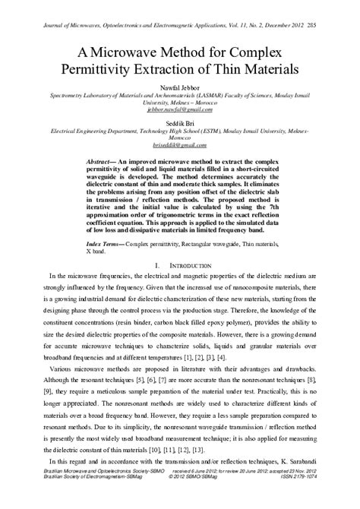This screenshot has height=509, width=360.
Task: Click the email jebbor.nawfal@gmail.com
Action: (x=180, y=109)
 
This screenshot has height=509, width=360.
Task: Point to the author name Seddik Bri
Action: (x=180, y=124)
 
